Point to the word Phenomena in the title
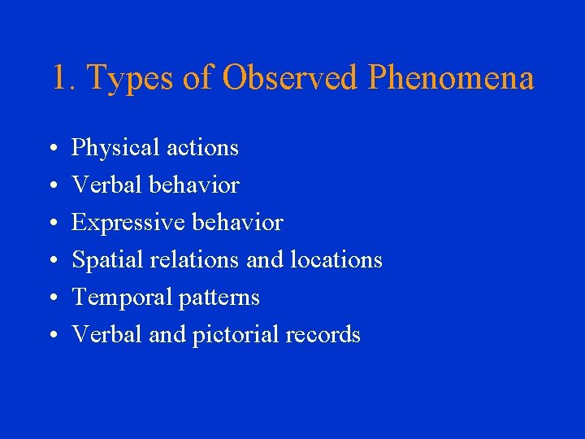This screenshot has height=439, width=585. pyautogui.click(x=451, y=78)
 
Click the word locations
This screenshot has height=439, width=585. pyautogui.click(x=336, y=260)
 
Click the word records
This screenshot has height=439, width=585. pyautogui.click(x=321, y=335)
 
